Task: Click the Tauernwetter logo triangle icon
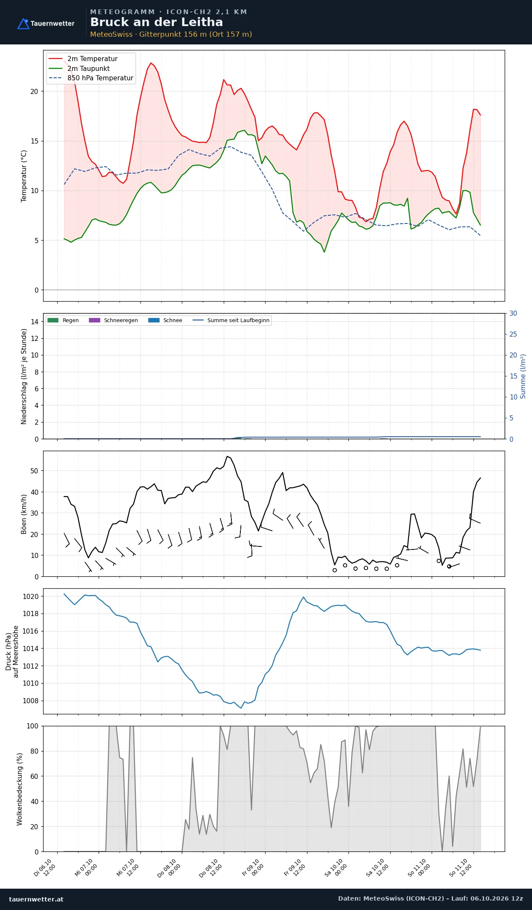pyautogui.click(x=23, y=23)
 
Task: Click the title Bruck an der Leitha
pyautogui.click(x=156, y=22)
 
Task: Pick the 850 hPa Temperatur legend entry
pyautogui.click(x=91, y=78)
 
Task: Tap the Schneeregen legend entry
pyautogui.click(x=113, y=320)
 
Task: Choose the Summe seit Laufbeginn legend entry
pyautogui.click(x=231, y=320)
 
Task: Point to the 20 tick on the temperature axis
pyautogui.click(x=34, y=91)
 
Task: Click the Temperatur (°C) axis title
pyautogui.click(x=24, y=176)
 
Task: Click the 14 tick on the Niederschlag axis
pyautogui.click(x=35, y=322)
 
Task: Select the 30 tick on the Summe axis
pyautogui.click(x=513, y=314)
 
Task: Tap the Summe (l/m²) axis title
pyautogui.click(x=523, y=376)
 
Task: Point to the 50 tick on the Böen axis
pyautogui.click(x=34, y=471)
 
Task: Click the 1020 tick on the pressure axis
pyautogui.click(x=30, y=596)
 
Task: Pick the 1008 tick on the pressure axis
pyautogui.click(x=30, y=701)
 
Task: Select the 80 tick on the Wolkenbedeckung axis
pyautogui.click(x=34, y=751)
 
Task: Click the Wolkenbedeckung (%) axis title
pyautogui.click(x=20, y=789)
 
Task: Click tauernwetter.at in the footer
pyautogui.click(x=36, y=899)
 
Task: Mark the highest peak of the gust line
pyautogui.click(x=227, y=456)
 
